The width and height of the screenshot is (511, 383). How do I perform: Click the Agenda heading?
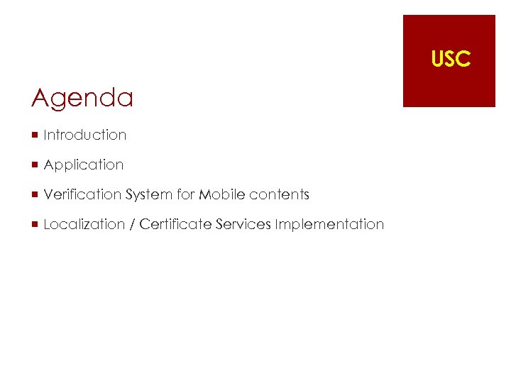pos(82,98)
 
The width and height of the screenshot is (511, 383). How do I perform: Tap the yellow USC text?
pos(451,60)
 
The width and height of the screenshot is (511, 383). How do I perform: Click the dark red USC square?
pos(449,85)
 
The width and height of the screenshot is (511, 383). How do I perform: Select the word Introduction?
pos(84,135)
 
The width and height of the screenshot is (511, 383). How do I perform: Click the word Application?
pos(84,165)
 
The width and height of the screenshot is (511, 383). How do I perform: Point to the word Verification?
pos(82,194)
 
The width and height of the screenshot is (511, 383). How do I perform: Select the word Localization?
pos(84,224)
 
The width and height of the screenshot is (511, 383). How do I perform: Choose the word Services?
pos(243,224)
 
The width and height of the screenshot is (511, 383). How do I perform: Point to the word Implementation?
pos(329,224)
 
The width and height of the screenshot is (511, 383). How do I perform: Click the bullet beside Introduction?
pos(35,135)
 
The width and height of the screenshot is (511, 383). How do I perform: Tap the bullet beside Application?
pos(35,165)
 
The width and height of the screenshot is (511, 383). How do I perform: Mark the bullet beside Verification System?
pos(35,194)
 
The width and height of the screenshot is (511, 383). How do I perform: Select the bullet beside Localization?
pos(35,224)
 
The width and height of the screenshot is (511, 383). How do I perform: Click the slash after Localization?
pos(132,224)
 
